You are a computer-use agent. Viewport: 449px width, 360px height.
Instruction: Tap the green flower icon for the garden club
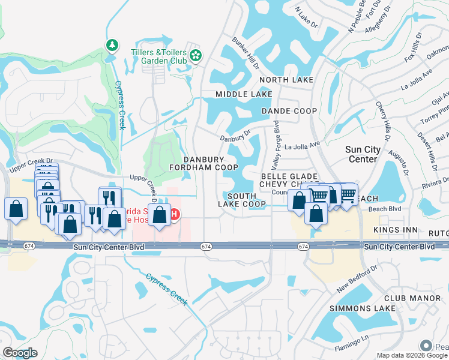point(195,56)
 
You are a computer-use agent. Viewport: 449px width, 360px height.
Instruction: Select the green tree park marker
point(112,45)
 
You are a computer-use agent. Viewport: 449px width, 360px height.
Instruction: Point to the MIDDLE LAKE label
point(244,95)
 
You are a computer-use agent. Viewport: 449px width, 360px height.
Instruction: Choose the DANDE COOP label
point(289,111)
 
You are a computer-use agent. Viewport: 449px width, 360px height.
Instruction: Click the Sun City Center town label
point(363,154)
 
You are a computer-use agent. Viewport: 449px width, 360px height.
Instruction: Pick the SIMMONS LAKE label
point(363,308)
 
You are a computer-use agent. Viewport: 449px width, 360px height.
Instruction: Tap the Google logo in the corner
point(20,353)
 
